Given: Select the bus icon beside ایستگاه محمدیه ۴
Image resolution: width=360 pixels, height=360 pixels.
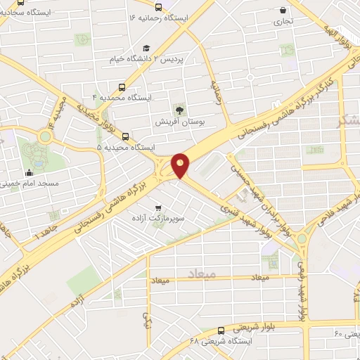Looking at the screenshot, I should (123, 88).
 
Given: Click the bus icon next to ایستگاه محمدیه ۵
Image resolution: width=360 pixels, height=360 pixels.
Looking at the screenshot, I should (125, 136).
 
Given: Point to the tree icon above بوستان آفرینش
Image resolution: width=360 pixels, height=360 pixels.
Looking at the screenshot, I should (179, 109).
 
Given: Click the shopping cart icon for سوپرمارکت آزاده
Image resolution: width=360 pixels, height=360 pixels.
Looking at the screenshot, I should (158, 207).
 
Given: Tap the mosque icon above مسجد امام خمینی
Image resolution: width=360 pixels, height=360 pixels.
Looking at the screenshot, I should (29, 173).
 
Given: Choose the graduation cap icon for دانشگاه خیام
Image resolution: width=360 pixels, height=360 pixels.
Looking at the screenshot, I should (146, 49).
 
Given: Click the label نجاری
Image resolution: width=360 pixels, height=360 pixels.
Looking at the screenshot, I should (282, 22).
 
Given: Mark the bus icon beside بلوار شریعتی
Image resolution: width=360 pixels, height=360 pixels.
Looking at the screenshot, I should (221, 329).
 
